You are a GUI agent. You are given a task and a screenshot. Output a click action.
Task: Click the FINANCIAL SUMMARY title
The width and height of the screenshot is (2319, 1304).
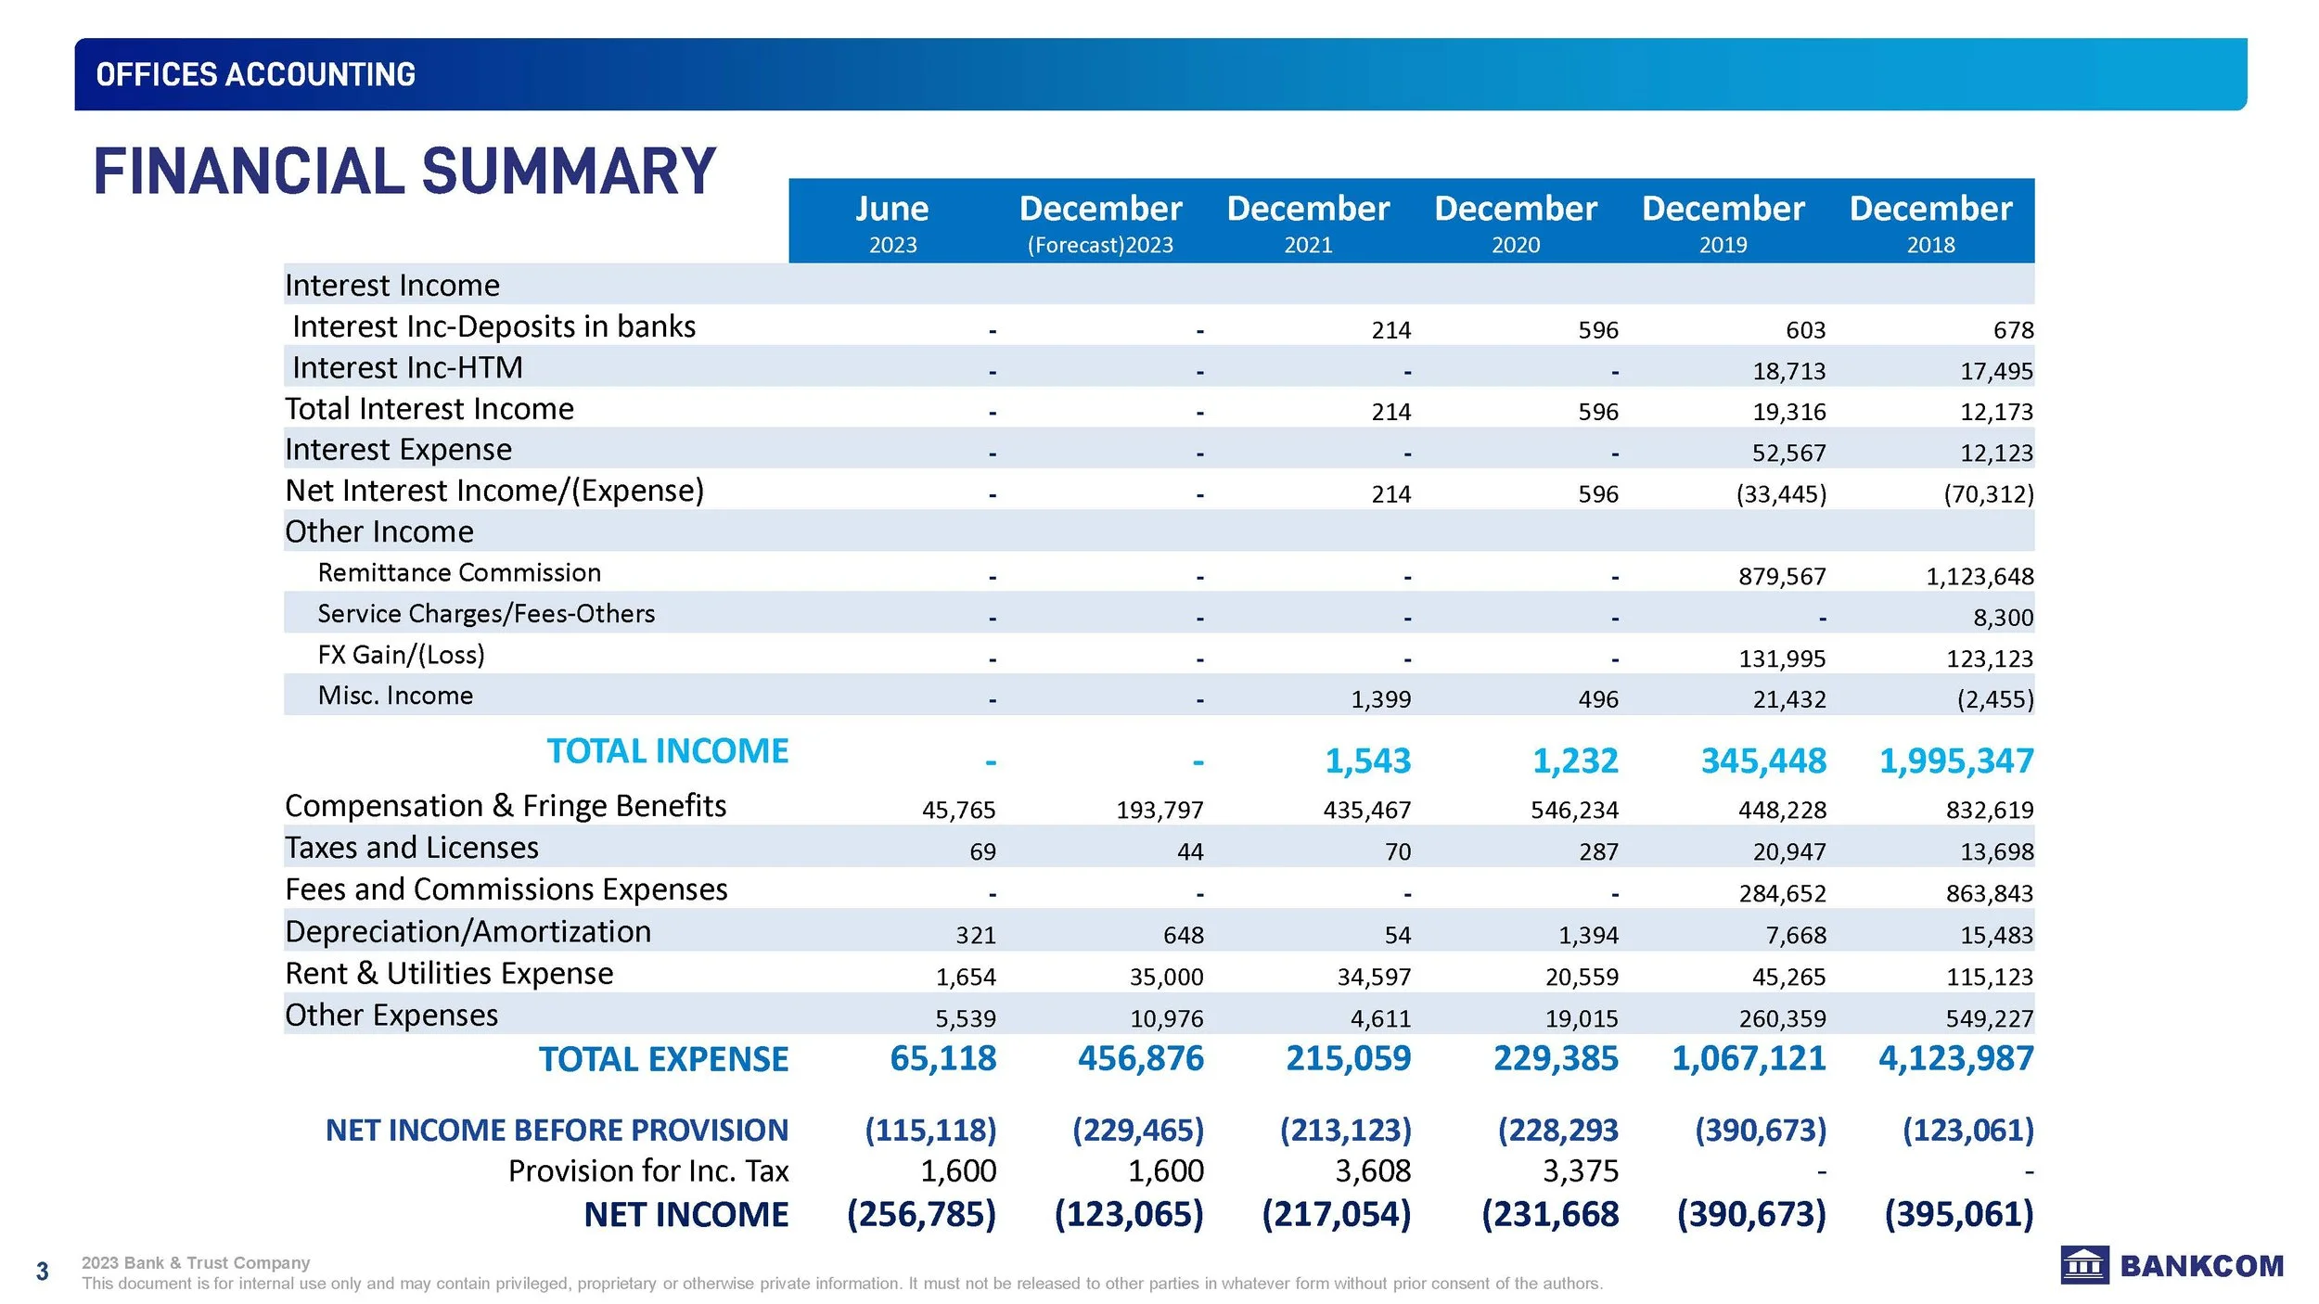(x=404, y=172)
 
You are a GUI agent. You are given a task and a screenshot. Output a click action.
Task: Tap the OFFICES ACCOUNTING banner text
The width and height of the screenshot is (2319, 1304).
(x=255, y=74)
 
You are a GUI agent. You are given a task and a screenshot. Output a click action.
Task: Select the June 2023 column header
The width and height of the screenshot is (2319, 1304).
(x=892, y=223)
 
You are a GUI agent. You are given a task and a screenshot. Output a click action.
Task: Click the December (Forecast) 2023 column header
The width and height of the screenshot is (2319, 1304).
(x=1100, y=223)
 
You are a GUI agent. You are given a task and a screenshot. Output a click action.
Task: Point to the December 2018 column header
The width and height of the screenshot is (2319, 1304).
(x=1930, y=223)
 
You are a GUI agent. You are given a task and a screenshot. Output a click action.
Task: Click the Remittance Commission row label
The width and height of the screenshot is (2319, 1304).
(x=459, y=573)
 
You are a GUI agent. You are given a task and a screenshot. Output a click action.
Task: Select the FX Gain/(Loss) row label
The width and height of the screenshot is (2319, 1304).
(x=401, y=655)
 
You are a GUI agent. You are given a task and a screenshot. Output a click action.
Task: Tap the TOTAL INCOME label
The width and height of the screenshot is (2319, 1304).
(x=667, y=751)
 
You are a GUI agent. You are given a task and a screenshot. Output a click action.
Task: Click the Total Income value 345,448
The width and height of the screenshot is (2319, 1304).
(x=1762, y=761)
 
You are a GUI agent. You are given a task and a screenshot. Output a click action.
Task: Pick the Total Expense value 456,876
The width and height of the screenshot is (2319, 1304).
(x=1140, y=1058)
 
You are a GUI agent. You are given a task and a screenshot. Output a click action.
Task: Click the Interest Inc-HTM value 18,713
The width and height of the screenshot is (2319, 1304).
(x=1788, y=372)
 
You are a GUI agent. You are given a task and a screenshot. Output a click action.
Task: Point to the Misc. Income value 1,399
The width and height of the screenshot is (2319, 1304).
(x=1380, y=699)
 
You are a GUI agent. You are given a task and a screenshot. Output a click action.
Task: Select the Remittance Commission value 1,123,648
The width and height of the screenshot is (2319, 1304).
(x=1979, y=577)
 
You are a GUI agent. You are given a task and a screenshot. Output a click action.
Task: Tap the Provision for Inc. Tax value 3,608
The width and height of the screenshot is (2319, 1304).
(x=1373, y=1171)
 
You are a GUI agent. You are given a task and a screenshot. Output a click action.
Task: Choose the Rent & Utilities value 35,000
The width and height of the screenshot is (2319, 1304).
(x=1166, y=977)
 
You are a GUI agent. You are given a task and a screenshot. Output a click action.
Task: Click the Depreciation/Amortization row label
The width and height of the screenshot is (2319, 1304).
(x=468, y=931)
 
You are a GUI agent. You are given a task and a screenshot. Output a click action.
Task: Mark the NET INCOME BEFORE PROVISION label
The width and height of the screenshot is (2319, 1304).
(x=557, y=1131)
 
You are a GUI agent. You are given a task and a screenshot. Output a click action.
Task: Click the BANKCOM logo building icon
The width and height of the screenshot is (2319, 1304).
(x=2084, y=1265)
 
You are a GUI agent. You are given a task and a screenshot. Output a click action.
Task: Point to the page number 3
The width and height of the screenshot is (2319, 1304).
(x=42, y=1272)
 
